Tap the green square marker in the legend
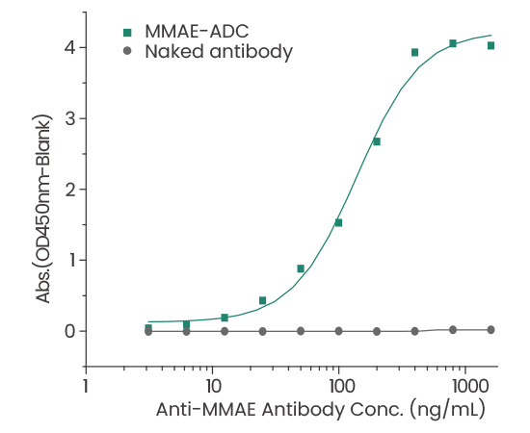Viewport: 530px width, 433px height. click(127, 32)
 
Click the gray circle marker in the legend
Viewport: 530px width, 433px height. click(127, 52)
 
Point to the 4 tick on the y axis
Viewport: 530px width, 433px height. click(70, 47)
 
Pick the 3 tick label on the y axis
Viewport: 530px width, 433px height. click(70, 118)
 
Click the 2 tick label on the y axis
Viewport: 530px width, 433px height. click(70, 190)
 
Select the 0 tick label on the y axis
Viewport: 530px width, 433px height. click(70, 331)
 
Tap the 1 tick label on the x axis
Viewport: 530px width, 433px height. click(86, 386)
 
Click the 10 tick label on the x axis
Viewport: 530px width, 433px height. click(212, 386)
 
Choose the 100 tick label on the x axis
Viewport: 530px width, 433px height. click(339, 386)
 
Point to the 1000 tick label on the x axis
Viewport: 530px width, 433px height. click(465, 386)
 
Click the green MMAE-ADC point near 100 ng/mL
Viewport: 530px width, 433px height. click(338, 222)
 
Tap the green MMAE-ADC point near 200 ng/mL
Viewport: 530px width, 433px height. click(377, 141)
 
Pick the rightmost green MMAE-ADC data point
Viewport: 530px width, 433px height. click(490, 45)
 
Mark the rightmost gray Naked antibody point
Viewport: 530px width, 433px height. click(490, 329)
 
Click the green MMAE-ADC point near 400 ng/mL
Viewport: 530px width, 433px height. click(414, 52)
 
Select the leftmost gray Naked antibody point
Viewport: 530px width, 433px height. click(148, 331)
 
